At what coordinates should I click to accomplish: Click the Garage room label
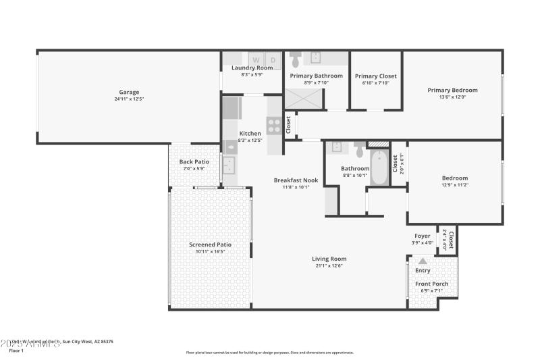pyautogui.click(x=129, y=92)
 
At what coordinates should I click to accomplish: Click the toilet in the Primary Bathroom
pyautogui.click(x=295, y=61)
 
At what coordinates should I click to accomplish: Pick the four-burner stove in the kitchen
pyautogui.click(x=274, y=125)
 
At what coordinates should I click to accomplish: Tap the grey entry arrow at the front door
pyautogui.click(x=423, y=261)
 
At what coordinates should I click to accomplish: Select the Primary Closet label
pyautogui.click(x=376, y=76)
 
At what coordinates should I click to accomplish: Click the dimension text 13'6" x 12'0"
pyautogui.click(x=452, y=97)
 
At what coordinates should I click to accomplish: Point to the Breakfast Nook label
pyautogui.click(x=296, y=180)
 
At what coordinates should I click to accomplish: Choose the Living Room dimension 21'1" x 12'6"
pyautogui.click(x=329, y=266)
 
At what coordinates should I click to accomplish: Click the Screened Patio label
pyautogui.click(x=210, y=245)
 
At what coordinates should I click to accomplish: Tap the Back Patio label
pyautogui.click(x=194, y=162)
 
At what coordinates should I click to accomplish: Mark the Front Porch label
pyautogui.click(x=431, y=284)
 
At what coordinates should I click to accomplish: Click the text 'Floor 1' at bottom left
pyautogui.click(x=16, y=351)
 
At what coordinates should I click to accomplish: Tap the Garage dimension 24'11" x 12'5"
pyautogui.click(x=129, y=99)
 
